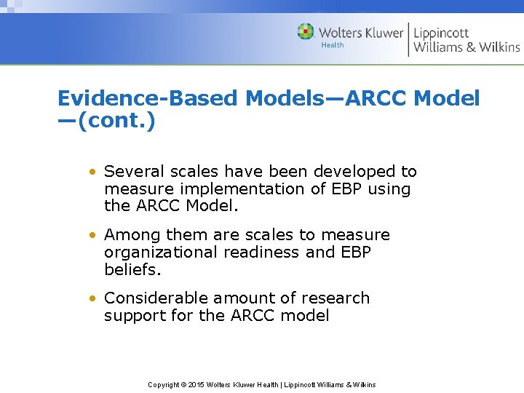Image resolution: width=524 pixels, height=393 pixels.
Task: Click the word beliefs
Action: (132, 270)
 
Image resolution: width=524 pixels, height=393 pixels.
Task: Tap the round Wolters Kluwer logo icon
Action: (306, 32)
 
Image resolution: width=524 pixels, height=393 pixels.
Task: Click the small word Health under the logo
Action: (333, 46)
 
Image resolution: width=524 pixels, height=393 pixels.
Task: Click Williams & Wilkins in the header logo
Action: (467, 47)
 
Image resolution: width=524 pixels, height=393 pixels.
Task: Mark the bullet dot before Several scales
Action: (92, 172)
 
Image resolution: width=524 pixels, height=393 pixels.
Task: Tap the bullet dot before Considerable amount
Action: (92, 299)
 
